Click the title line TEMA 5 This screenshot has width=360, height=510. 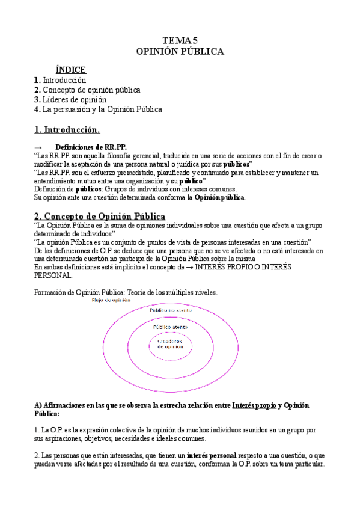pos(180,40)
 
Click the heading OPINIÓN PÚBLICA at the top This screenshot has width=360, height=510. pos(180,52)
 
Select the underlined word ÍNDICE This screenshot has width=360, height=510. pos(70,70)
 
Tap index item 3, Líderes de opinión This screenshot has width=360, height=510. pos(70,99)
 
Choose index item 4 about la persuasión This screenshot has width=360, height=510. pos(98,109)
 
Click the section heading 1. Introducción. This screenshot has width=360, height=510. pos(67,129)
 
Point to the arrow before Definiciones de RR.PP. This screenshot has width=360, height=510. pos(39,147)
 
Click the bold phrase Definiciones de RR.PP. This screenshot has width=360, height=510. pos(91,147)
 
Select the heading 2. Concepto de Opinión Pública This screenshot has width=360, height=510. pos(100,216)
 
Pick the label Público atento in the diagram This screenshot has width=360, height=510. pos(170,327)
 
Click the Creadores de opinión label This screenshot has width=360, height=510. pos(170,343)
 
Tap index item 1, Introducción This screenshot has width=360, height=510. pos(60,79)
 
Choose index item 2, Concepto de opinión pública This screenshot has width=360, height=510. pos(87,90)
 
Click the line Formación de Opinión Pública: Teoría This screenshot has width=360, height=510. pos(126,292)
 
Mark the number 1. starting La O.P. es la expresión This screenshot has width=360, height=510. pos(37,430)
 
